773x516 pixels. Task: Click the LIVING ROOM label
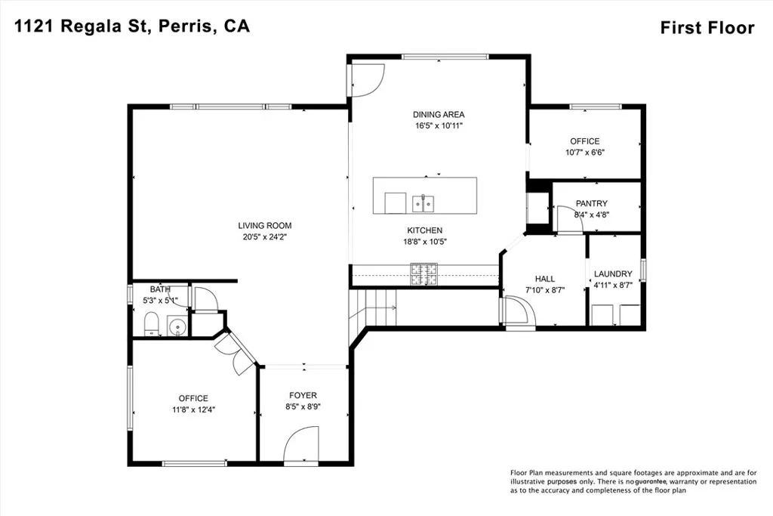265,225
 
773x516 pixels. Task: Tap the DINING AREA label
439,114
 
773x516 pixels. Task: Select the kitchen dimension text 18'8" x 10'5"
424,242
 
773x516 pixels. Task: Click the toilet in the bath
151,323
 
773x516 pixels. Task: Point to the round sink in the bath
177,326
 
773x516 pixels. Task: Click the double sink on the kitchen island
423,202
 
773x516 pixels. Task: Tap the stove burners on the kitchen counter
424,275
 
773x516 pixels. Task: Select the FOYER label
303,395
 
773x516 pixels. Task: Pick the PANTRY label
592,203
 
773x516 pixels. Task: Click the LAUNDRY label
613,273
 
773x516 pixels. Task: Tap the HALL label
545,279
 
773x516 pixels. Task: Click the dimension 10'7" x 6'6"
585,153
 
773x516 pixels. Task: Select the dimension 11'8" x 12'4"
194,409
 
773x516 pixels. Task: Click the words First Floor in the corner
707,28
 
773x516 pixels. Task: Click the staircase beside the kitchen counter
373,307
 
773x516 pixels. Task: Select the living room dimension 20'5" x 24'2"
265,236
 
